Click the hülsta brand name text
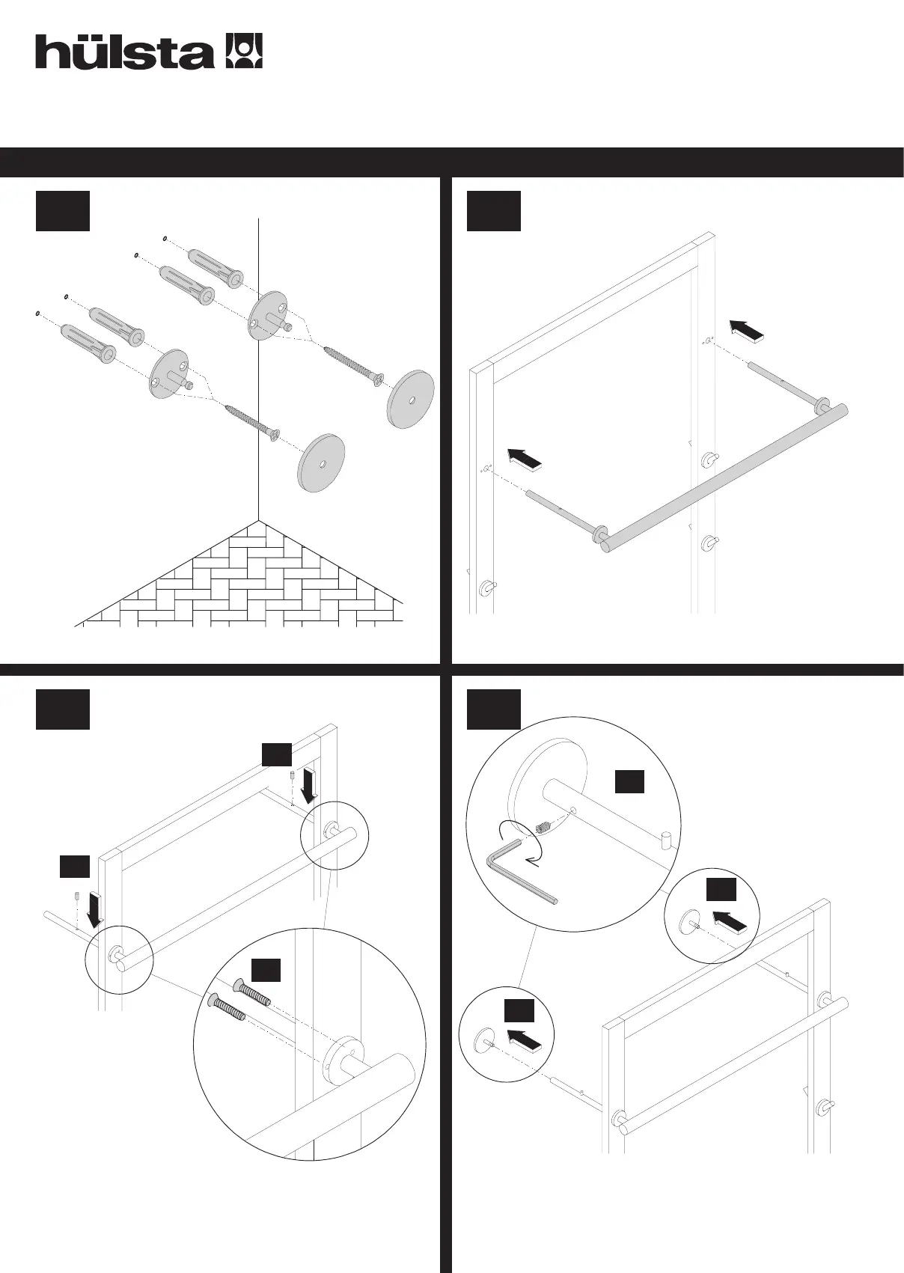pyautogui.click(x=123, y=52)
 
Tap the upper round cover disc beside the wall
pyautogui.click(x=411, y=398)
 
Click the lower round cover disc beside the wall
pyautogui.click(x=322, y=463)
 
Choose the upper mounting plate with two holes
pyautogui.click(x=268, y=317)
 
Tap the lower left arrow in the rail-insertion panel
pyautogui.click(x=524, y=460)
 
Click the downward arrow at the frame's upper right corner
pyautogui.click(x=308, y=785)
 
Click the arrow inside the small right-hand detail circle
pyautogui.click(x=729, y=921)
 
